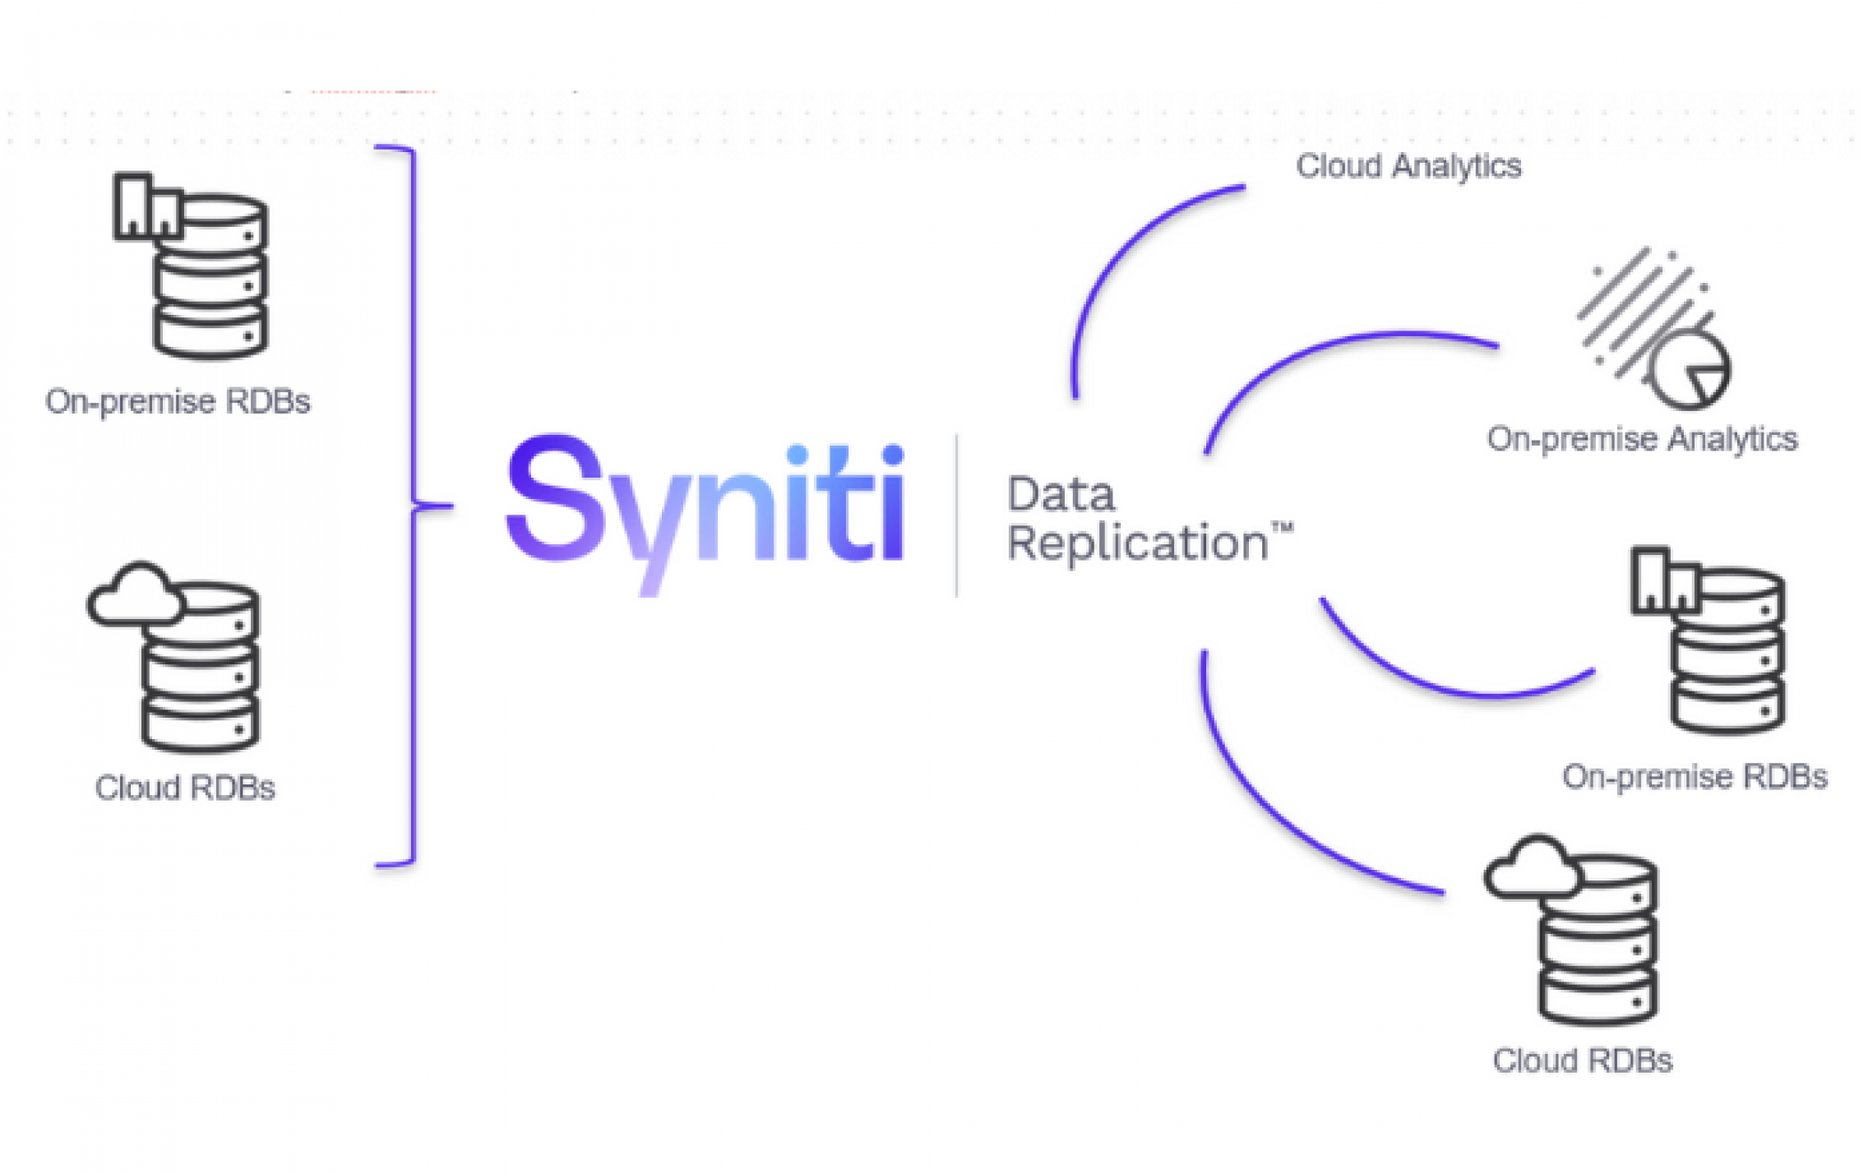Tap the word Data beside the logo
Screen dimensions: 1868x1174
pos(1061,495)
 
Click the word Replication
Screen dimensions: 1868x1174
pos(1138,543)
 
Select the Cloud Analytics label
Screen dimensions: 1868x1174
pos(1408,166)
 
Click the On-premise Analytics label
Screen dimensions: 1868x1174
pos(1642,439)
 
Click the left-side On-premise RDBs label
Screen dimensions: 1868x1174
pos(178,402)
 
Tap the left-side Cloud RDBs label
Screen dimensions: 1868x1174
pos(185,788)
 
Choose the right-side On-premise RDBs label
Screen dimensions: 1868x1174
pos(1695,777)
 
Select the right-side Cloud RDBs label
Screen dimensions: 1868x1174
pos(1583,1061)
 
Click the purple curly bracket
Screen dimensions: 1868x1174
pos(414,506)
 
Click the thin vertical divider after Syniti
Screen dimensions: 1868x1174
pos(956,515)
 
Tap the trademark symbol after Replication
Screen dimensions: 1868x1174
pos(1283,528)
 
